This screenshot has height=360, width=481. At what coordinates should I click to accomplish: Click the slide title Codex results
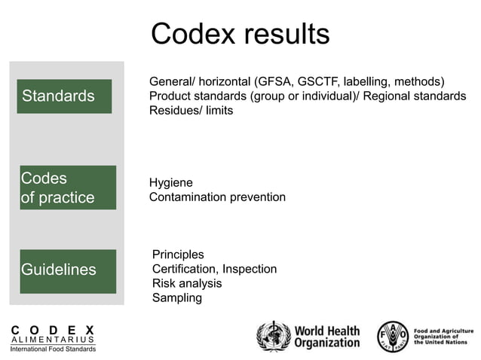240,34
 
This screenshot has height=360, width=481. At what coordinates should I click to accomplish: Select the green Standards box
66,96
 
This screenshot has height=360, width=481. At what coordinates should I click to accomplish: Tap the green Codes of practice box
68,188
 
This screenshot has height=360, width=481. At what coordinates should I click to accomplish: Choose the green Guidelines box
68,270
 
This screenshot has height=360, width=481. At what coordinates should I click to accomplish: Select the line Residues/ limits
191,111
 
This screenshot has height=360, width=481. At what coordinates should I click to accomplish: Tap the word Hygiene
171,183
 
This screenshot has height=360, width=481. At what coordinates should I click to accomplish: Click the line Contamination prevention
217,197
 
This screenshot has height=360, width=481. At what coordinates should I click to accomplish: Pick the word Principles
178,255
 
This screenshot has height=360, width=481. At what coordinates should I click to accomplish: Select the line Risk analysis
187,283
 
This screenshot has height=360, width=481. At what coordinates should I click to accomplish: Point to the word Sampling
177,297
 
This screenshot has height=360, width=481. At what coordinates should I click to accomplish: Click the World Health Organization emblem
272,336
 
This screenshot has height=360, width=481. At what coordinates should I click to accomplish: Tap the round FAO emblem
393,336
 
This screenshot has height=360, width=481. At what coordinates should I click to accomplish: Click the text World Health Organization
326,337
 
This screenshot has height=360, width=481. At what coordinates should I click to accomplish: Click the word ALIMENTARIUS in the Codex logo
53,340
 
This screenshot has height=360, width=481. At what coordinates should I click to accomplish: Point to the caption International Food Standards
53,349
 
